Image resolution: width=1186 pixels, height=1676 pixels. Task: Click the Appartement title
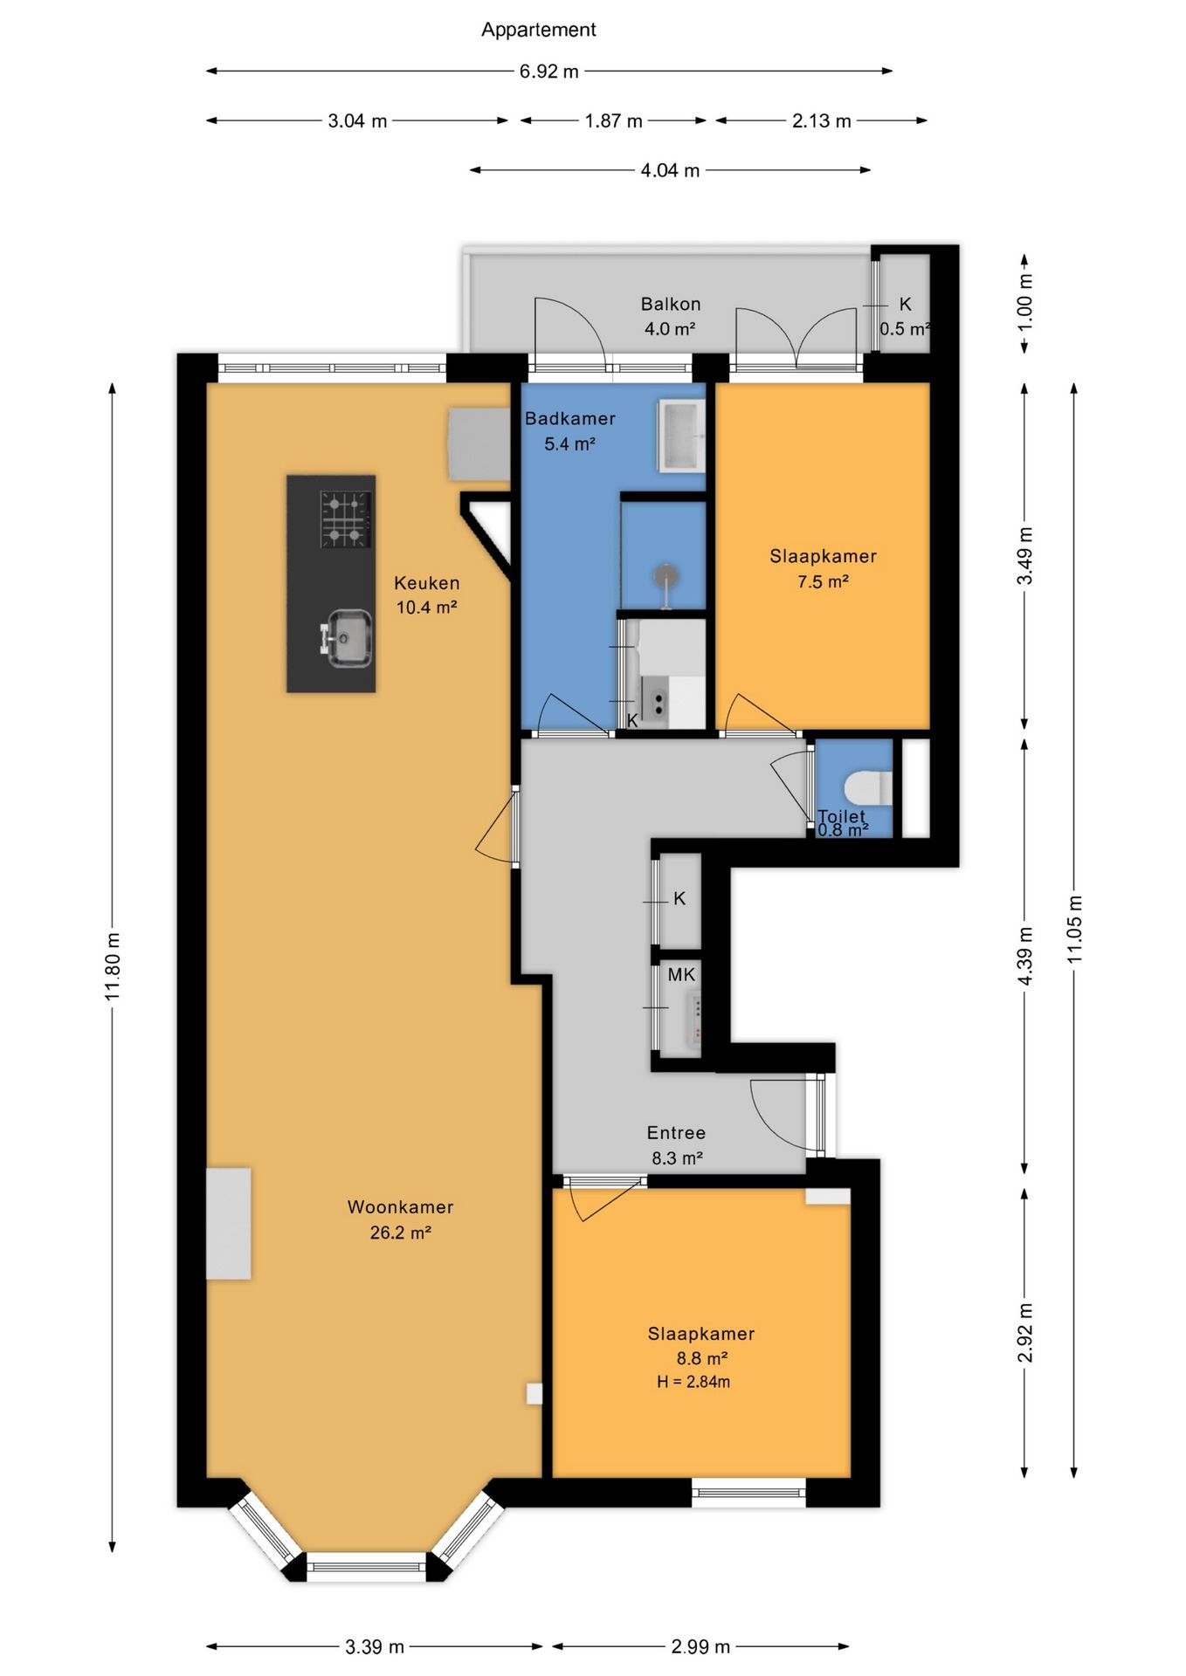coord(538,30)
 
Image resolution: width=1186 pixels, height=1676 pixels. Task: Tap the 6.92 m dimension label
coord(548,72)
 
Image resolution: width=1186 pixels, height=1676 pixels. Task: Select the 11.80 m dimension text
coord(113,966)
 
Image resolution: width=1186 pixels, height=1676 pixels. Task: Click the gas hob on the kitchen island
coord(346,519)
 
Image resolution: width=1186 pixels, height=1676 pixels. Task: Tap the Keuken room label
coord(426,583)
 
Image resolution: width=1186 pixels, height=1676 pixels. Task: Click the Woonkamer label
coord(400,1207)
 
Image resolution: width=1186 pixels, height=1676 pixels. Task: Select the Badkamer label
coord(569,419)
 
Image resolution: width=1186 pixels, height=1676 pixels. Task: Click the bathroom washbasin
coord(681,436)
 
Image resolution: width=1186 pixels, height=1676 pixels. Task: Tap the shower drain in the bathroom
coord(666,576)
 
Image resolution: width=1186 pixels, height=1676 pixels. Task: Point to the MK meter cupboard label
coord(681,975)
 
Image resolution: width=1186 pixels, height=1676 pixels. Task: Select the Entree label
coord(676,1133)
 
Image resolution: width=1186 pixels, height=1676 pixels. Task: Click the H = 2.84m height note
coord(693,1382)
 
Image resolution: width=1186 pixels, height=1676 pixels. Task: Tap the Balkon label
coord(671,305)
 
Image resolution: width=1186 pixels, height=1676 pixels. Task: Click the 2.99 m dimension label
coord(700,1647)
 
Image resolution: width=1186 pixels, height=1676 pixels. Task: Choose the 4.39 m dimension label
coord(1025,957)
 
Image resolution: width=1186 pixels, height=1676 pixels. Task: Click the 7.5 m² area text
coord(823,582)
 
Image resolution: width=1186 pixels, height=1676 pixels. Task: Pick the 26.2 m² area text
coord(400,1233)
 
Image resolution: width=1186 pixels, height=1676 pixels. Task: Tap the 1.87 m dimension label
coord(613,121)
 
